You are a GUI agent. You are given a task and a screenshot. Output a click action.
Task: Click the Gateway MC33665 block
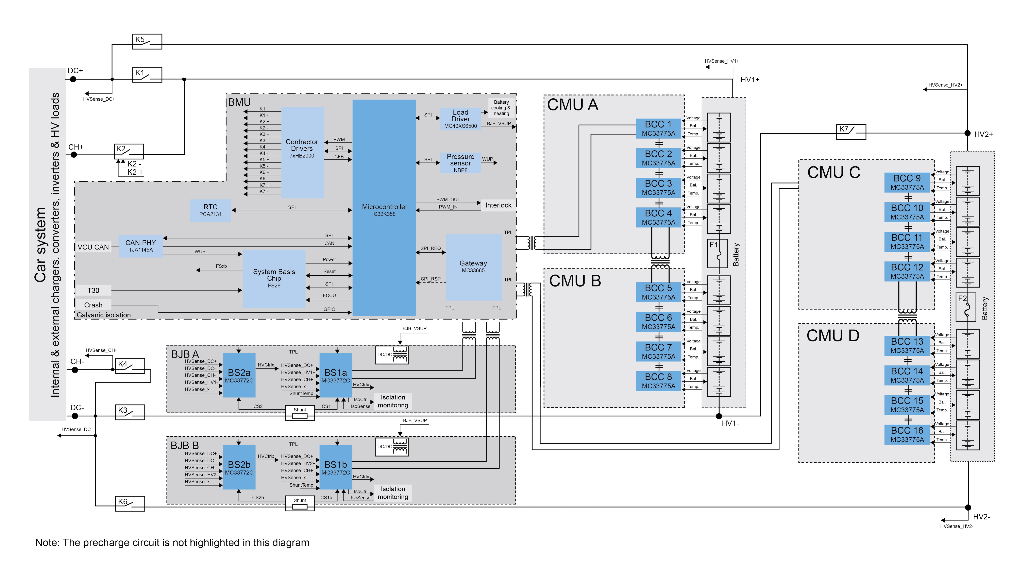tap(473, 267)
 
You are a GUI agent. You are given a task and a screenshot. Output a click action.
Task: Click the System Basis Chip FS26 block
tap(274, 278)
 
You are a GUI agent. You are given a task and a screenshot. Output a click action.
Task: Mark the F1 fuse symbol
tap(717, 254)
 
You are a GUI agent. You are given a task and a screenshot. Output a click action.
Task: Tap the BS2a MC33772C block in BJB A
tap(239, 375)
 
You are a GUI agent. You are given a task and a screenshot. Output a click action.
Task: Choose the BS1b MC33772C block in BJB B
tap(336, 467)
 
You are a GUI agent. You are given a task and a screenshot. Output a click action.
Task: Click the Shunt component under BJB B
tap(300, 504)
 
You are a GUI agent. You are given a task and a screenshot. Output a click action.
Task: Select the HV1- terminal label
tap(730, 423)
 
